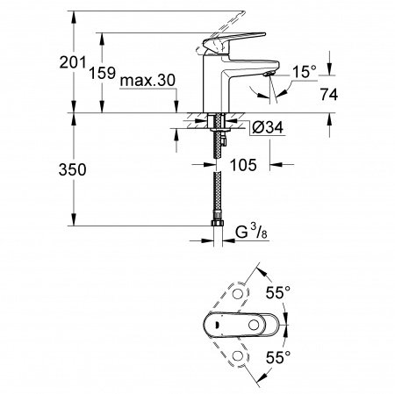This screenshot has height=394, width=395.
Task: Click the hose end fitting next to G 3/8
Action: point(215,233)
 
